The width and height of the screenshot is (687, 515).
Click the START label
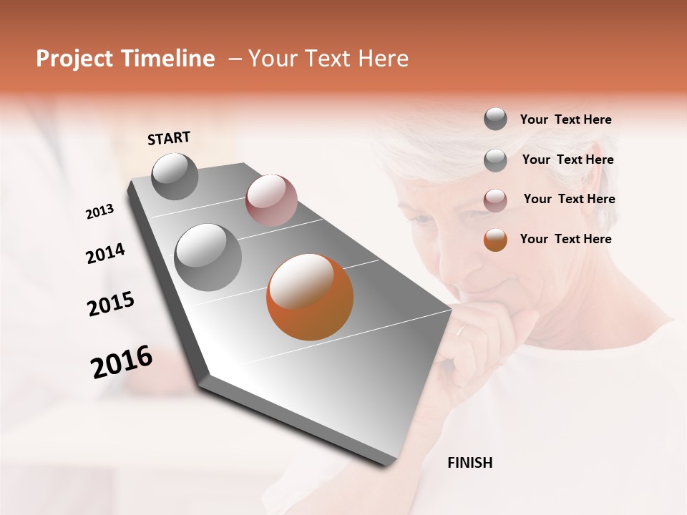[x=169, y=138]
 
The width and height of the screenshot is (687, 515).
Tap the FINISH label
[x=469, y=463]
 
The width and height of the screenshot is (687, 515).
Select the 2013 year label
[x=99, y=212]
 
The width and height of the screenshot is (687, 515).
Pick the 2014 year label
[x=105, y=254]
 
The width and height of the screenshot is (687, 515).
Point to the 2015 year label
[x=111, y=304]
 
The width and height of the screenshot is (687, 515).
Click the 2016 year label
[x=122, y=362]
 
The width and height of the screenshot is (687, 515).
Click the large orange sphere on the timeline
[x=310, y=297]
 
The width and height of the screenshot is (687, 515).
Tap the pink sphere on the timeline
[x=271, y=200]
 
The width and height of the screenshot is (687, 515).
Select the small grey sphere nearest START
[x=175, y=176]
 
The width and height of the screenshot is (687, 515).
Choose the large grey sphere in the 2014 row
[x=208, y=257]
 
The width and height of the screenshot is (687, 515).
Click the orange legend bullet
[x=495, y=240]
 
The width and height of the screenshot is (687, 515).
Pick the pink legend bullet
[x=495, y=200]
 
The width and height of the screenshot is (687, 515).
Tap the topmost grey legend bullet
[x=495, y=119]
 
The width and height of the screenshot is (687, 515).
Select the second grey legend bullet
[x=495, y=160]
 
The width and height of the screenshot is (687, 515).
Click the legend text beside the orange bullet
[x=565, y=239]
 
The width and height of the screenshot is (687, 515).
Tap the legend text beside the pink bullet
[x=569, y=199]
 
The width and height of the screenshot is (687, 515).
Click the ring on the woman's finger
[x=463, y=330]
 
